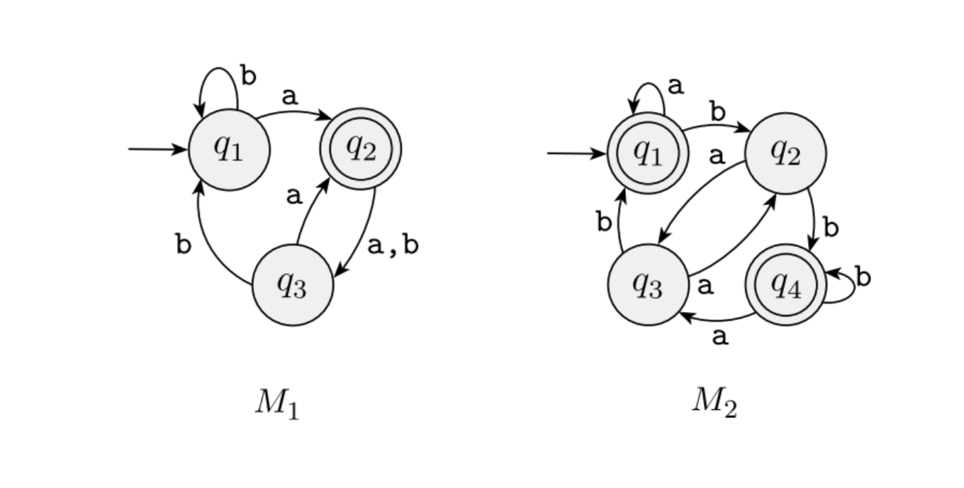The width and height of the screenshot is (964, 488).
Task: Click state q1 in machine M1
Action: click(x=229, y=150)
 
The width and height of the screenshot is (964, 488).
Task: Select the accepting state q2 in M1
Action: click(x=361, y=149)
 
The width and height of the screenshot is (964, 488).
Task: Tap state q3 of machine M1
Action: click(x=292, y=285)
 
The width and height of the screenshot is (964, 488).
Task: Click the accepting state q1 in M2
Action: click(x=648, y=153)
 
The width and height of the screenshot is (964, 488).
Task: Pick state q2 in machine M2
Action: click(x=785, y=153)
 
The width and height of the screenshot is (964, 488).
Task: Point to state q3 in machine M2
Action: click(x=648, y=285)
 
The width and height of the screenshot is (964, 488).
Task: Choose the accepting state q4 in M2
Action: click(x=785, y=285)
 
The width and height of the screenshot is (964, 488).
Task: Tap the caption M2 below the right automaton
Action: click(x=714, y=403)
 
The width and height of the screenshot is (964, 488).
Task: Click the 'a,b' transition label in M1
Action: click(x=393, y=245)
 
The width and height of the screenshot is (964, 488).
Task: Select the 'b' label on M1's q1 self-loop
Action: click(x=248, y=76)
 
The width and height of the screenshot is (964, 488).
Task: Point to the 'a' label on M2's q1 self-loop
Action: click(x=676, y=87)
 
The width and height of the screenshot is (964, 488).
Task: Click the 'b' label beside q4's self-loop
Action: click(x=863, y=277)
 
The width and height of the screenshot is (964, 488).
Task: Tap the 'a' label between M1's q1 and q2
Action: click(x=289, y=97)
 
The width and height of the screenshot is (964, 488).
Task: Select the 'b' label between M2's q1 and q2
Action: click(x=718, y=111)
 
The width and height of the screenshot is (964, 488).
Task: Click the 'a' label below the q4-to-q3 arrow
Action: click(x=719, y=337)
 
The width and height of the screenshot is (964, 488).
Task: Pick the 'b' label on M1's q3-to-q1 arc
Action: click(x=184, y=245)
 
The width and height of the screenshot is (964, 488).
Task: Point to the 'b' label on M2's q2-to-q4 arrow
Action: click(x=831, y=228)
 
